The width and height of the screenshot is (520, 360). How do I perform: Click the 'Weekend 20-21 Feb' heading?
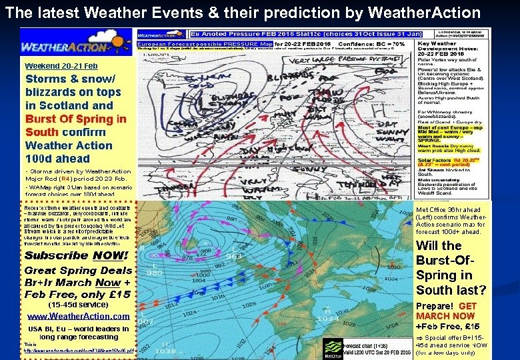coord(61,66)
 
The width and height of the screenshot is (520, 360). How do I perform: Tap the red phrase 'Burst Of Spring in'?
coord(75,119)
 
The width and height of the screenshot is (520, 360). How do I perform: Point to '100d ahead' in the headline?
coord(57,159)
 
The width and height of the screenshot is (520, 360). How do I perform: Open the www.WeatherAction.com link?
coord(79,316)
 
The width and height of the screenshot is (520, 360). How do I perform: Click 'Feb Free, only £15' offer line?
coord(77,294)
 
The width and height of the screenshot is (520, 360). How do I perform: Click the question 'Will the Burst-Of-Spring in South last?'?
coord(451,267)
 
